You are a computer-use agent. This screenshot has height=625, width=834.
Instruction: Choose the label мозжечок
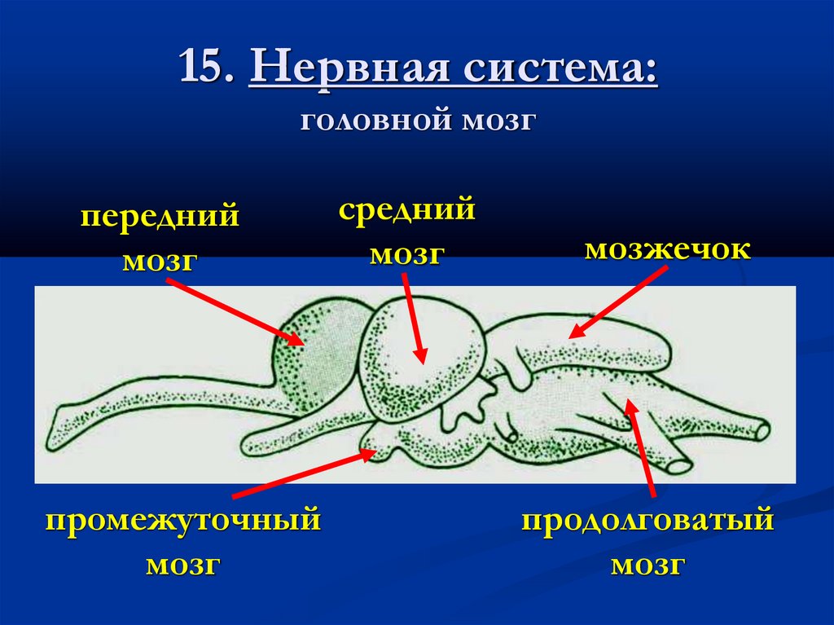point(668,249)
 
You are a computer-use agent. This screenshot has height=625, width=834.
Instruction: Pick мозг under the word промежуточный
point(183,565)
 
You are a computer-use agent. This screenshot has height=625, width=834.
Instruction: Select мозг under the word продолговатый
point(647,565)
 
